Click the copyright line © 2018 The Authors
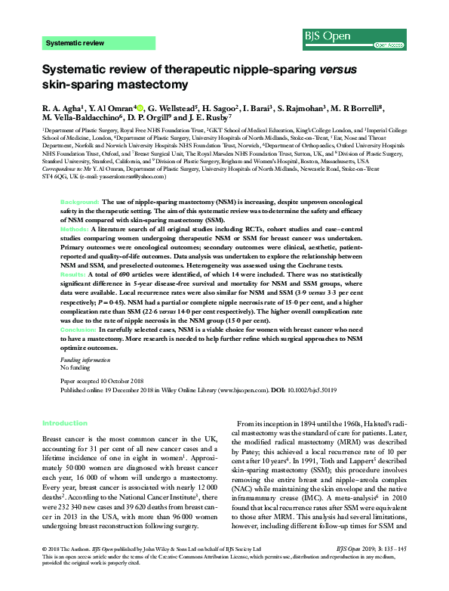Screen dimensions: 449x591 68,567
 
